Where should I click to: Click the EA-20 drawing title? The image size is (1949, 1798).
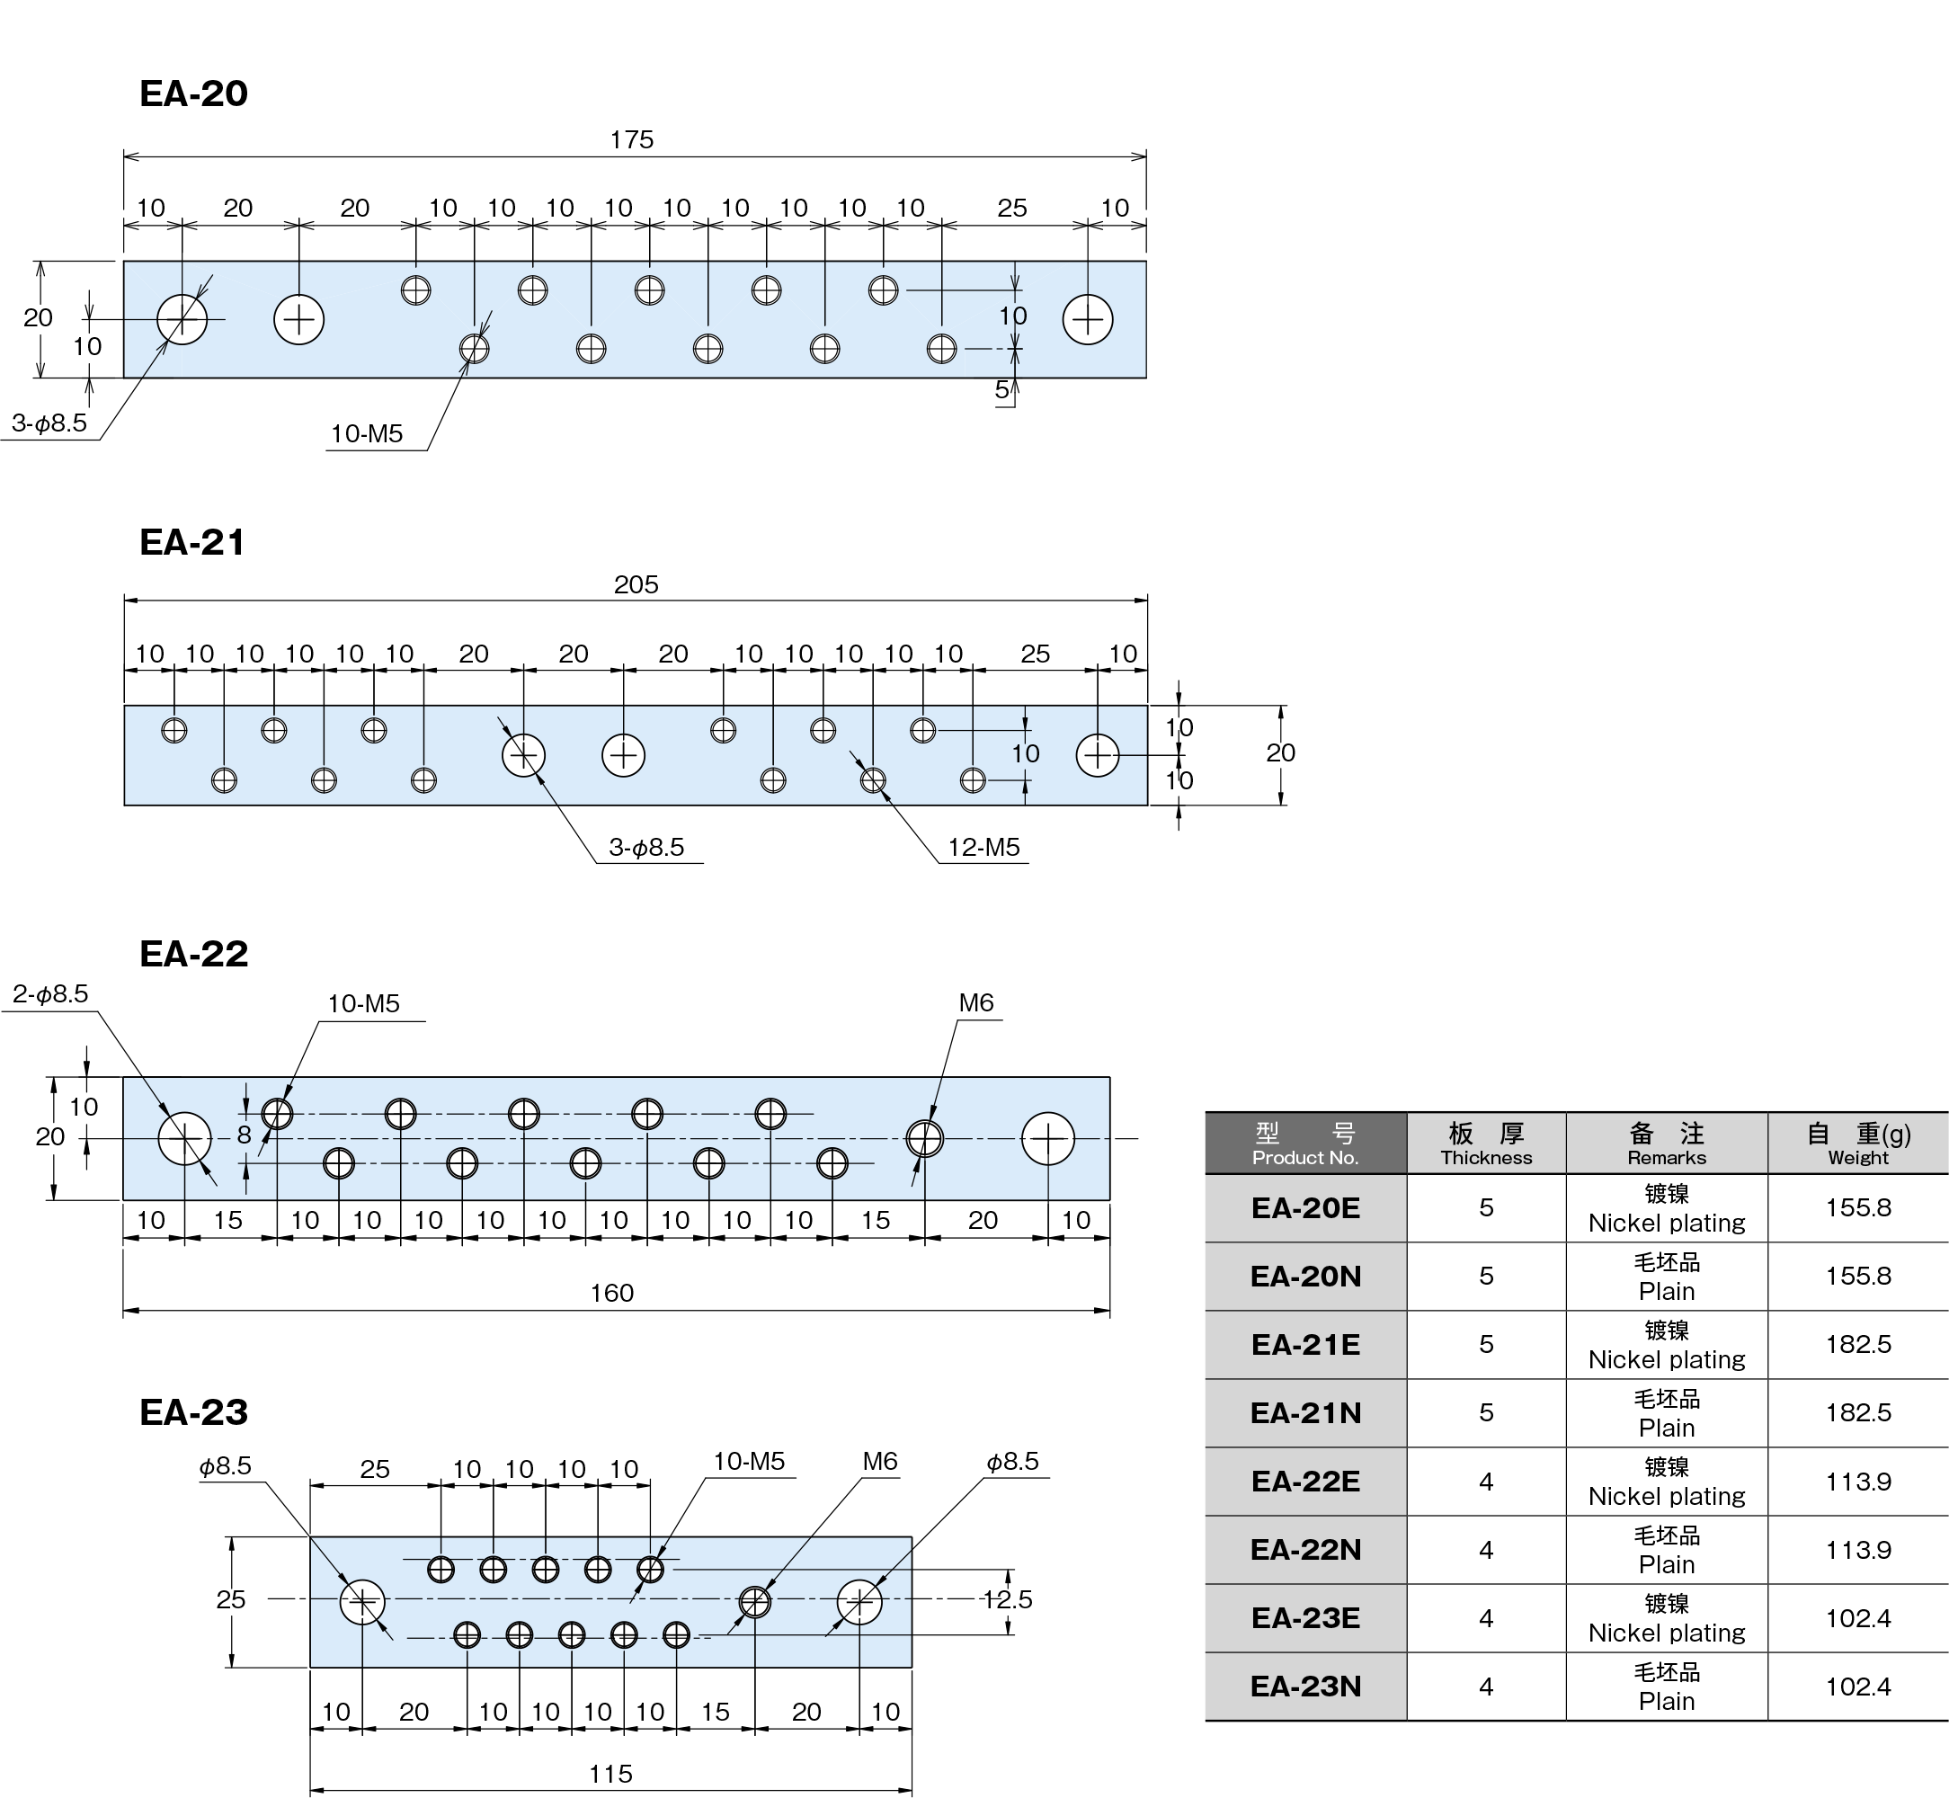193,93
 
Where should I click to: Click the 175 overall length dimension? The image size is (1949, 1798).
631,139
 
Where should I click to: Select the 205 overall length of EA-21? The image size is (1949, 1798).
636,583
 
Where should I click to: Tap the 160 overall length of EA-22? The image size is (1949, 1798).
612,1292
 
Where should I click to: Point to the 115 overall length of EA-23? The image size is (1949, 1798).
611,1773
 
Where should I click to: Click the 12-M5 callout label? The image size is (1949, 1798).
983,847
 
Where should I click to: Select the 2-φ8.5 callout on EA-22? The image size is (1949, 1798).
50,993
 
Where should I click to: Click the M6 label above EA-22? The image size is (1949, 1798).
976,1002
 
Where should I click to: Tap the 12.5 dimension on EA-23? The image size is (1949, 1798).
1007,1598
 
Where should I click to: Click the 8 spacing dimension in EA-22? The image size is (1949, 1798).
245,1135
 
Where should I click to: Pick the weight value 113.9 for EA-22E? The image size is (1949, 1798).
1857,1481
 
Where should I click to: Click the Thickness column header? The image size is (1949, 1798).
1486,1144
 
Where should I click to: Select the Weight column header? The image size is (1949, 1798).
1857,1144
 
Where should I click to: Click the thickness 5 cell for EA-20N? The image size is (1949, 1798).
1486,1276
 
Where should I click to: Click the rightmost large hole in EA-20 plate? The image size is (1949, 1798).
1088,319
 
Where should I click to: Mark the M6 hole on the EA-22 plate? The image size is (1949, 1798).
924,1137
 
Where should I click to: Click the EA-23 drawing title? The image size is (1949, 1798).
193,1411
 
